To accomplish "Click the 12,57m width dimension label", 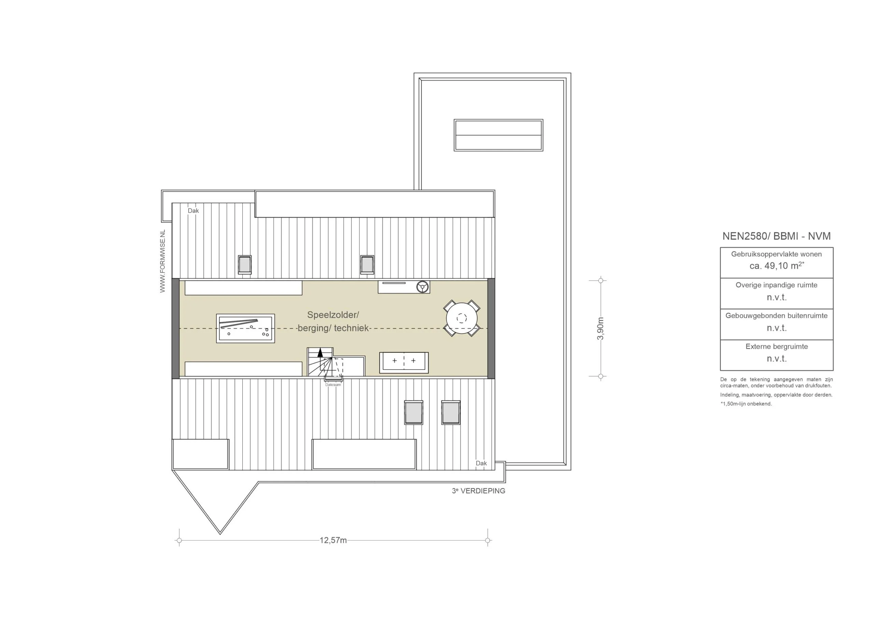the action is (333, 541).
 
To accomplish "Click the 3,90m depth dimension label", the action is (601, 328).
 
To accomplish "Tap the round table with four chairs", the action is (462, 318).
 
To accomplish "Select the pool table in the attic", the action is (245, 328).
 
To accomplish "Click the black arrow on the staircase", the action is (320, 353).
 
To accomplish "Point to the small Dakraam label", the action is (333, 385).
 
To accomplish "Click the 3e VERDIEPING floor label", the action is (479, 491).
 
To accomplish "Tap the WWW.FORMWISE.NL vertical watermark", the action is (163, 261).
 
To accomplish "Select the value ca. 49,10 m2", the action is (777, 265).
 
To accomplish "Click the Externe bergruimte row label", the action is (777, 347).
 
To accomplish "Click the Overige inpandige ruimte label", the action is (777, 285).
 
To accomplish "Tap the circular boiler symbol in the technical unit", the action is (423, 287).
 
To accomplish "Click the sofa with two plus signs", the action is (404, 363).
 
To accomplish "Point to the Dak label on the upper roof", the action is (193, 211).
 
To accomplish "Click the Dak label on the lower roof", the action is (481, 463).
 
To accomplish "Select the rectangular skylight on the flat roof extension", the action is (498, 135).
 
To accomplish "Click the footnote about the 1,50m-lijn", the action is (746, 404).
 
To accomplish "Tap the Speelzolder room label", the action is (333, 315).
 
